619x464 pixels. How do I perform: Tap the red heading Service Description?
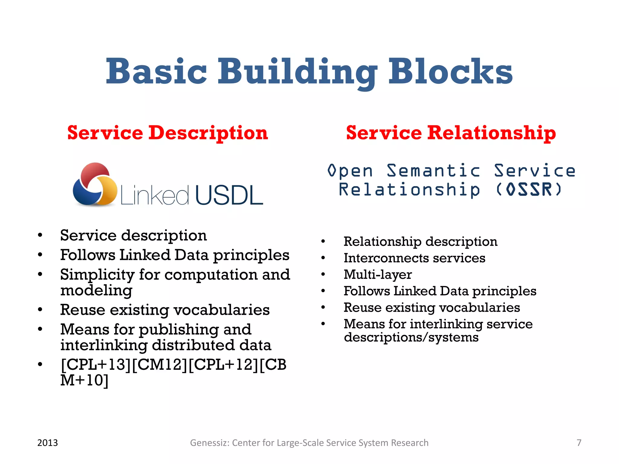(x=167, y=133)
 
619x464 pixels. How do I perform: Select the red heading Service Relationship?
(x=451, y=133)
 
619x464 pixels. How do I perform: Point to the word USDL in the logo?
(x=229, y=195)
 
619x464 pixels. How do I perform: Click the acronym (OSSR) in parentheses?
(x=529, y=190)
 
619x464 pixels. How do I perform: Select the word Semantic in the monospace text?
(x=433, y=171)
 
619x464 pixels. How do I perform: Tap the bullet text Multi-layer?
(x=378, y=274)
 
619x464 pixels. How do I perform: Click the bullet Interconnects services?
(x=414, y=258)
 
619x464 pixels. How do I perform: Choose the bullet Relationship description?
(x=420, y=241)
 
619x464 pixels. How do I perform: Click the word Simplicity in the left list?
(x=97, y=275)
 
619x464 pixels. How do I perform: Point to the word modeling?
(x=96, y=290)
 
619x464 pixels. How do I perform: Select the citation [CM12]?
(x=160, y=364)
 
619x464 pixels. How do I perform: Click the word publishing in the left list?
(x=178, y=329)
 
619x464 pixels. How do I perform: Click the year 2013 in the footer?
(x=47, y=443)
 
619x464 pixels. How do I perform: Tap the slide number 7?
(x=579, y=443)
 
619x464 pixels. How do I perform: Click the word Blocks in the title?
(x=450, y=72)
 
